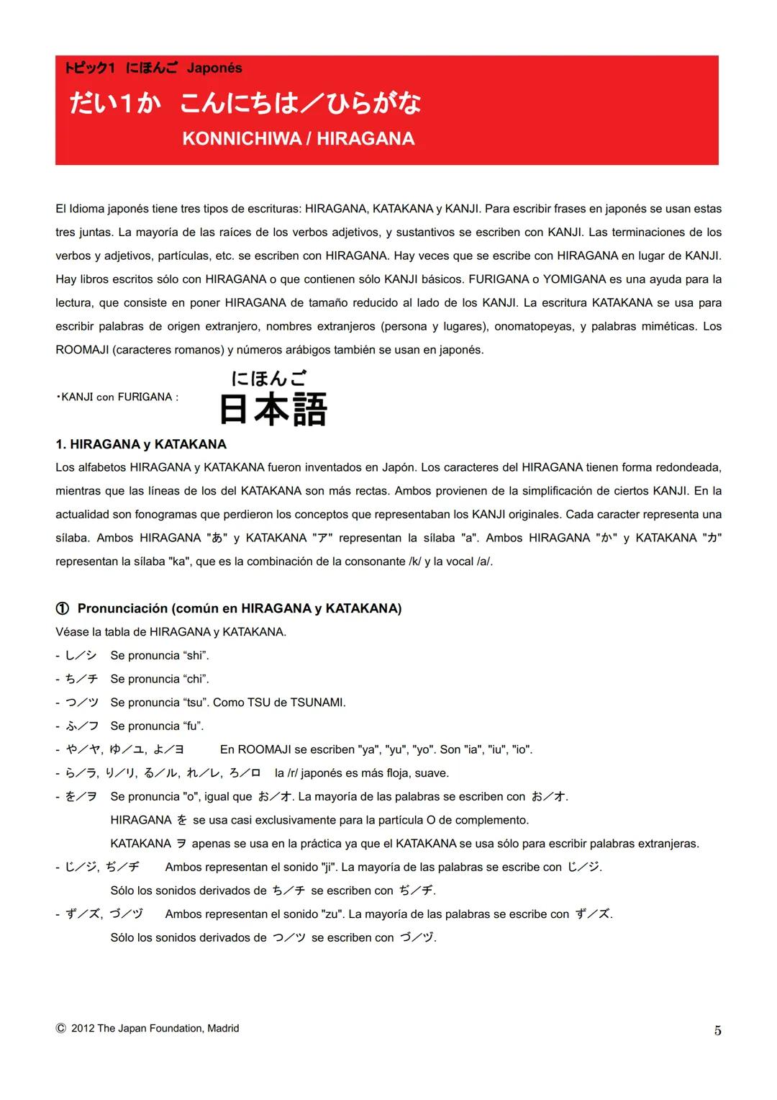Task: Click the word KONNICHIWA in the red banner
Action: coord(241,139)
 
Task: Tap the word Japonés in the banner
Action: coord(214,68)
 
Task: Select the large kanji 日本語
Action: coord(273,410)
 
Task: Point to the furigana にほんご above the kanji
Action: coord(269,378)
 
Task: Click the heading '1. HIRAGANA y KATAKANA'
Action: coord(141,444)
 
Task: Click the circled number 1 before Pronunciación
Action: coord(63,609)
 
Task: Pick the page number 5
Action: coord(717,1030)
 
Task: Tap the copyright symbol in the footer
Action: coord(60,1029)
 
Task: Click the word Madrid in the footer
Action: coord(223,1029)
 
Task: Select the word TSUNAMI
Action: coord(317,703)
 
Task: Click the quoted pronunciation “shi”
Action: coord(196,656)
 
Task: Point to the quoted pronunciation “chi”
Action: coord(196,679)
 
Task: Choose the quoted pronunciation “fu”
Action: coord(193,726)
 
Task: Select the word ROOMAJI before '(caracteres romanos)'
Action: coord(82,350)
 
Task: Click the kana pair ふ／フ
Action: coord(82,726)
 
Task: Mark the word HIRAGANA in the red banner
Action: coord(365,139)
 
